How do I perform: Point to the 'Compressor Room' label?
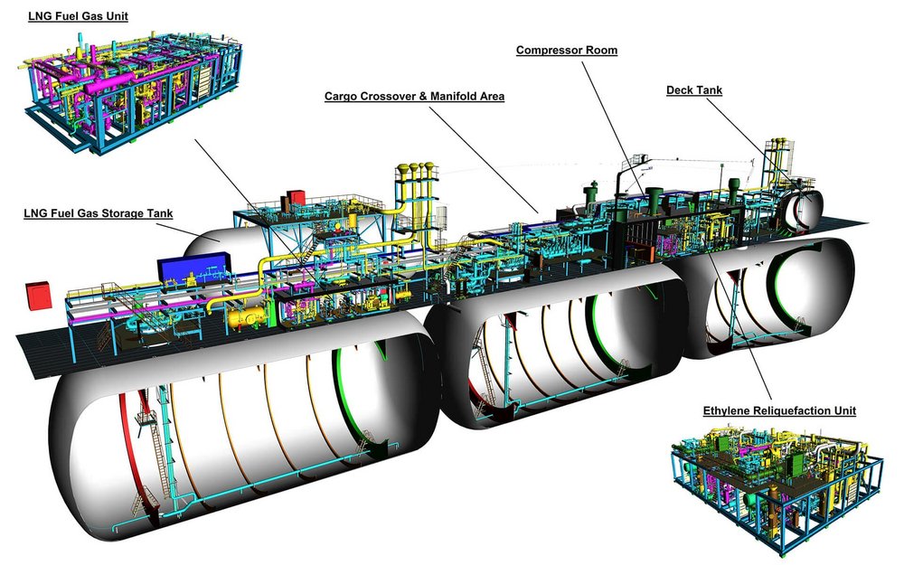[567, 51]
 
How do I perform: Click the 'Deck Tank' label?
[693, 90]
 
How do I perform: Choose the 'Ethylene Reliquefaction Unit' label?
[779, 411]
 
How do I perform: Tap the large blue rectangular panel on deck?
[193, 268]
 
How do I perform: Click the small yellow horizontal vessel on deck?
[247, 315]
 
